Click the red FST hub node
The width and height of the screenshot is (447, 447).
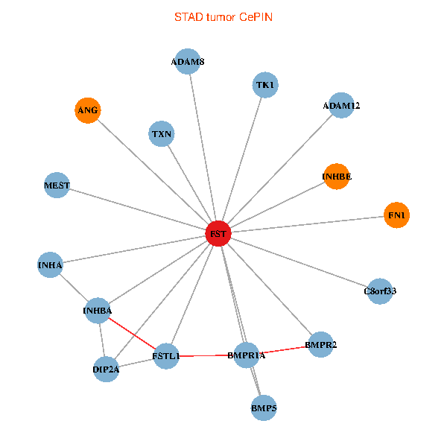pos(218,234)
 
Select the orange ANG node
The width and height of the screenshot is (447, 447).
pos(87,110)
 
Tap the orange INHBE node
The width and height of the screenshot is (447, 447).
pos(336,177)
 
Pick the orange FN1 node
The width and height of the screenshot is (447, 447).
pos(396,215)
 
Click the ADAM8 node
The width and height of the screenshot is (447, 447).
pos(188,61)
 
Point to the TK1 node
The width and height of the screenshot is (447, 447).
pos(265,86)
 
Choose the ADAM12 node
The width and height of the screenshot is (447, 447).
pos(340,106)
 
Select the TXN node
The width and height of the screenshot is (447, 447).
pos(162,135)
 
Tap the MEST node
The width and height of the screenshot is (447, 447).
pos(57,185)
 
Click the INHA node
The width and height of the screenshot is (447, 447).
pos(50,264)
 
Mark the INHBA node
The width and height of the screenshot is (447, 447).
pos(98,310)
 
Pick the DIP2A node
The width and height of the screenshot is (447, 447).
pos(106,368)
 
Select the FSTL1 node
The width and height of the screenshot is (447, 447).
pos(166,356)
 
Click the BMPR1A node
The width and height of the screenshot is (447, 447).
pos(246,355)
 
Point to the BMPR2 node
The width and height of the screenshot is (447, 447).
pos(320,345)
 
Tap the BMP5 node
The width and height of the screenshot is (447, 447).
pos(264,408)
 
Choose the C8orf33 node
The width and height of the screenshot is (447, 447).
pos(380,291)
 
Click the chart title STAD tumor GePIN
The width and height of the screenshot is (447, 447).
pos(223,16)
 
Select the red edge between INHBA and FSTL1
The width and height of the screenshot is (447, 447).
pos(132,333)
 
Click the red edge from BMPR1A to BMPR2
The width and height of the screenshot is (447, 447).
pos(283,350)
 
